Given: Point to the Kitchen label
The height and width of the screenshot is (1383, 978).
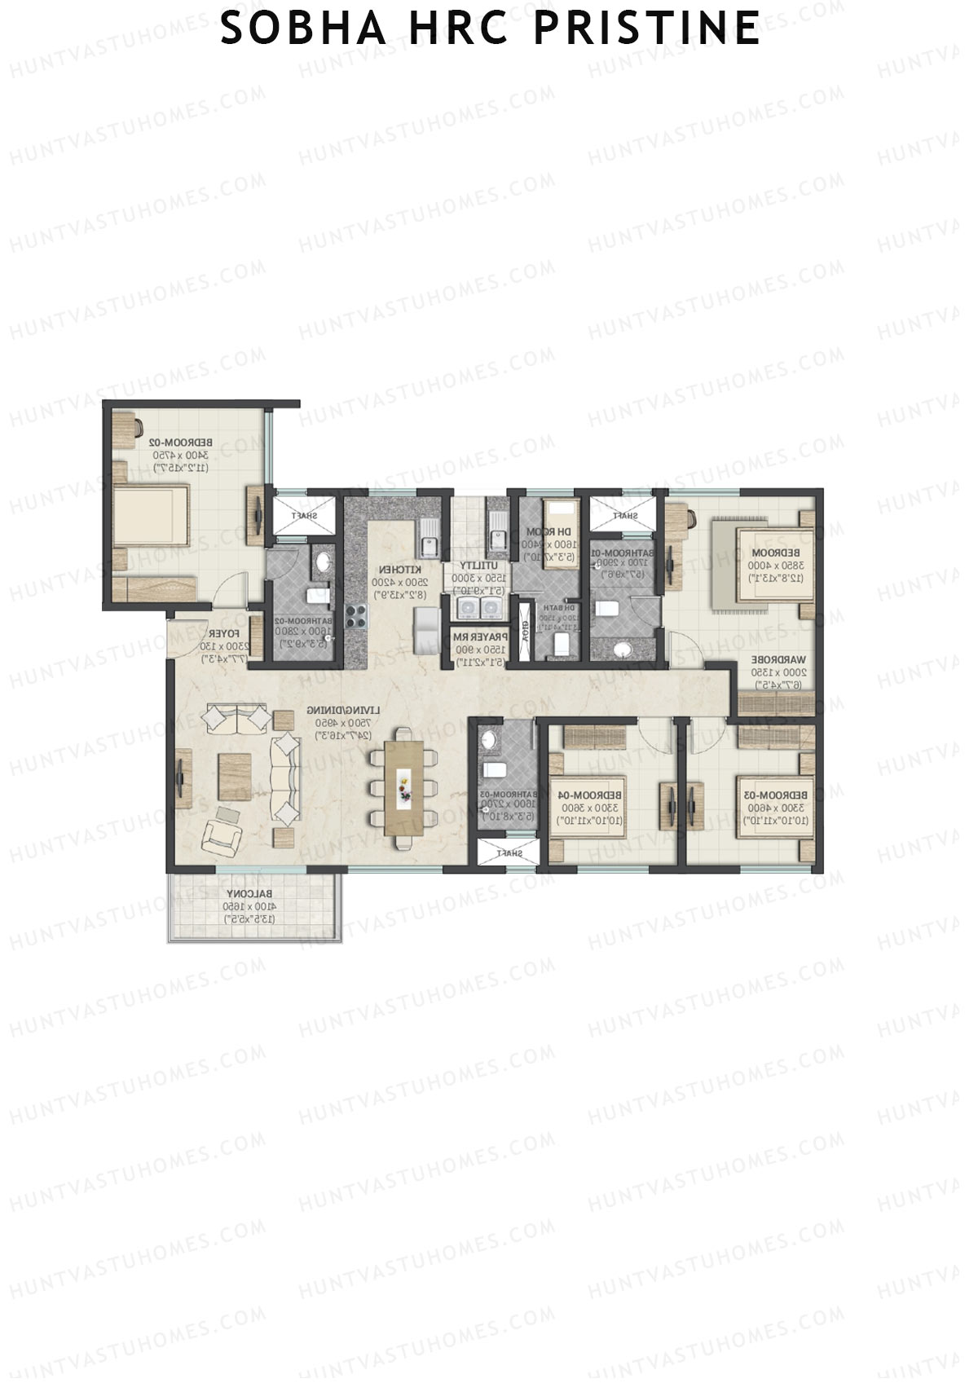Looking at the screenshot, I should click(x=401, y=569).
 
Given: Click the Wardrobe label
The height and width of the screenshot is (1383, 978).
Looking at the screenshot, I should click(x=778, y=659).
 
